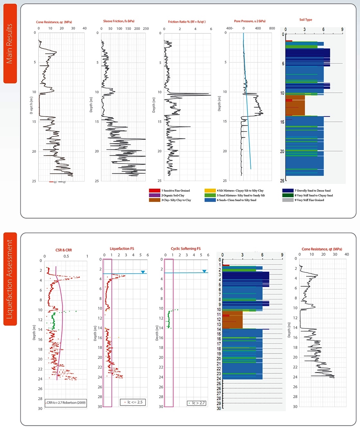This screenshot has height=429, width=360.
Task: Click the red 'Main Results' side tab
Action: pos(10,43)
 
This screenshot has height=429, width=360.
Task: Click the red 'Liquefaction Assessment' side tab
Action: pos(10,279)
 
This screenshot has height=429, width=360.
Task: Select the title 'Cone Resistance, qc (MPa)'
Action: pos(54,22)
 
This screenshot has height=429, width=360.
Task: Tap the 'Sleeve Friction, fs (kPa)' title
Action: pos(119,21)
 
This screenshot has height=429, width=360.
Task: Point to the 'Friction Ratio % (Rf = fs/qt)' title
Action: pos(187,22)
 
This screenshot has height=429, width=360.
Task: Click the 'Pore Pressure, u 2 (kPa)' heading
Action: pos(250,21)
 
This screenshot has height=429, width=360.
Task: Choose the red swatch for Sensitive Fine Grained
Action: pos(154,191)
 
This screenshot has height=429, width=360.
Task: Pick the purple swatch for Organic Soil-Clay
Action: pos(154,195)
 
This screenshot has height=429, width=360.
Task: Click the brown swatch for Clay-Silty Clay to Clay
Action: pos(154,200)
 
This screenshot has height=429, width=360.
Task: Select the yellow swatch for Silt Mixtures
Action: pos(210,191)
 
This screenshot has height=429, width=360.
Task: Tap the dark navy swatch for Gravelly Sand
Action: pos(288,191)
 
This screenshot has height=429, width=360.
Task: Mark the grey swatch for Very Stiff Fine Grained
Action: pos(288,200)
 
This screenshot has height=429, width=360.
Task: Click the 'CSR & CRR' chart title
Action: pos(64,250)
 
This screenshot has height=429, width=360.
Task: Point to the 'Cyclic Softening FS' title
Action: pos(186,249)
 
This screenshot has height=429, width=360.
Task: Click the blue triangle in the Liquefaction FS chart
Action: pos(143,272)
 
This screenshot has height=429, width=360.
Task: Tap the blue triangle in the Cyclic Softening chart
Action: pos(204,271)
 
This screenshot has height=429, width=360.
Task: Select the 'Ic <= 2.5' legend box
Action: pos(133,402)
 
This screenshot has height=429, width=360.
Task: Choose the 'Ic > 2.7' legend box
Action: pos(196,403)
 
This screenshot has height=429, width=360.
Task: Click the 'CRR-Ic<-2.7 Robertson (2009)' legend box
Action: pos(66,403)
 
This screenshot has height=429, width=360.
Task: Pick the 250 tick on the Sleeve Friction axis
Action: pos(146,29)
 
